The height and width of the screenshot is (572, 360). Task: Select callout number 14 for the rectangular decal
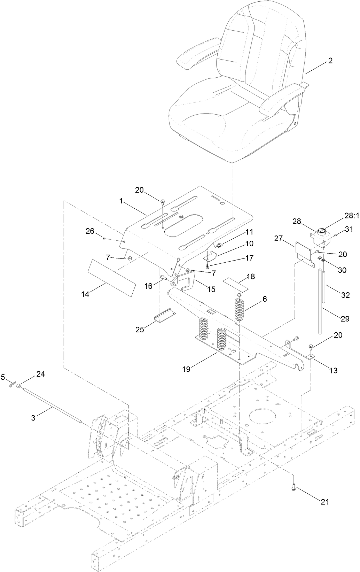point(85,294)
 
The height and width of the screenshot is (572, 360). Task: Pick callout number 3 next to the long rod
point(33,418)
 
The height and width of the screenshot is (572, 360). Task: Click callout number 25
point(140,329)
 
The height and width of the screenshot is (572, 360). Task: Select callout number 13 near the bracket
point(333,370)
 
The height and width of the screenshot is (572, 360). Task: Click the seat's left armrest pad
point(191,58)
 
